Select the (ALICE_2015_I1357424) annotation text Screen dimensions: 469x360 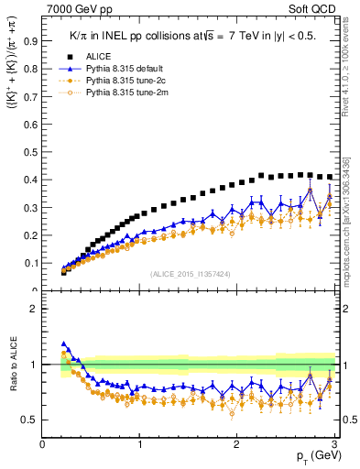point(190,273)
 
